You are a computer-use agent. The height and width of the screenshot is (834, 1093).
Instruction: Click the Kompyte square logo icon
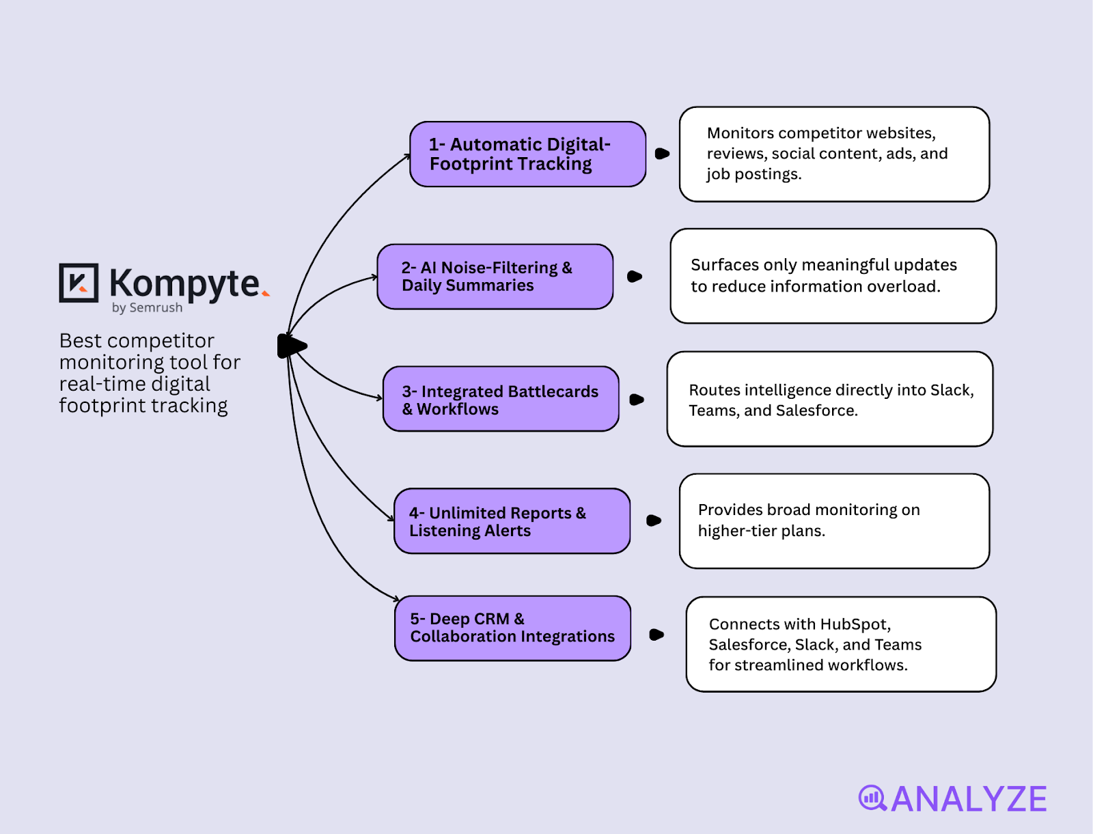pos(79,283)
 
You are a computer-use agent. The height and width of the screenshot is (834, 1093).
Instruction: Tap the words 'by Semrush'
pos(147,307)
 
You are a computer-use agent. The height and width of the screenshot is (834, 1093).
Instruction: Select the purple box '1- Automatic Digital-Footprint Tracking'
pos(527,154)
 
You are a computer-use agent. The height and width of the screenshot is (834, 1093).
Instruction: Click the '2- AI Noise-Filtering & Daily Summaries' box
pos(495,277)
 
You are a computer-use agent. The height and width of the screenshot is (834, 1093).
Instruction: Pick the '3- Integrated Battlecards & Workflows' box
pos(501,400)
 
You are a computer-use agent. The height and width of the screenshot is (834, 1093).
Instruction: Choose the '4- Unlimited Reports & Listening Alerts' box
pos(512,521)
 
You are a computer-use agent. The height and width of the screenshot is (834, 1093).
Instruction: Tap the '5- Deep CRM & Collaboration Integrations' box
pos(512,628)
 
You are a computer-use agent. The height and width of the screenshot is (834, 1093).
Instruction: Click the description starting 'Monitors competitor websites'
pos(833,154)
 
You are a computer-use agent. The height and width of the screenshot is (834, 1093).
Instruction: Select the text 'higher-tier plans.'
pos(761,531)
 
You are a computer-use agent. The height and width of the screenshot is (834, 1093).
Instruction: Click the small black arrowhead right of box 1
pos(662,154)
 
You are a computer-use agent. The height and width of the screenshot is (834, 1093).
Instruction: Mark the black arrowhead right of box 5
pos(656,635)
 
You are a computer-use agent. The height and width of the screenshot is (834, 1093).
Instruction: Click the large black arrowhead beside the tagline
pos(292,346)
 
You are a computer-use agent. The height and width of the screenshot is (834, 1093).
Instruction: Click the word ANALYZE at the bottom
pos(969,799)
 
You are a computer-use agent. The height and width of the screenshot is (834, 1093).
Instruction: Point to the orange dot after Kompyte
pos(266,294)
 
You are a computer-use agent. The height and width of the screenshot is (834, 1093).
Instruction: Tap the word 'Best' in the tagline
pos(80,340)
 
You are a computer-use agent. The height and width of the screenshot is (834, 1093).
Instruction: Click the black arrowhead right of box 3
pos(637,400)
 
